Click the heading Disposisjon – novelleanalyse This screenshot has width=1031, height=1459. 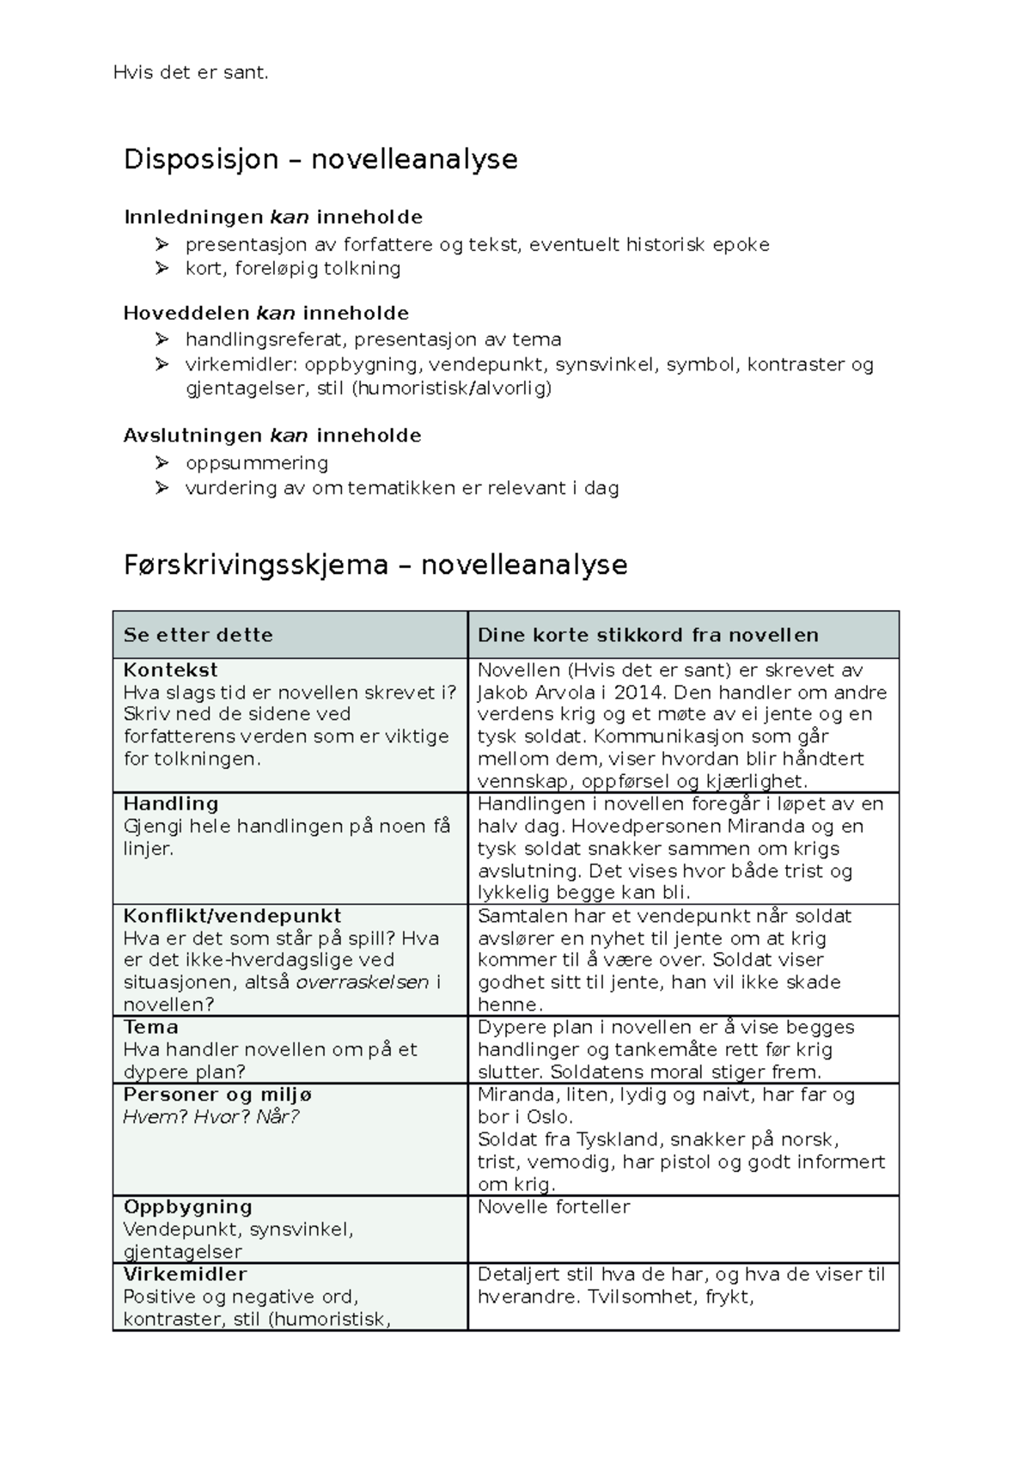click(320, 160)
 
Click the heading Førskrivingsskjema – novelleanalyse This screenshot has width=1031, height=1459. click(375, 565)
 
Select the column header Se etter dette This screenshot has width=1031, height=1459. click(198, 636)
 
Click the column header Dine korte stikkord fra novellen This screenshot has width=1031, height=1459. click(648, 636)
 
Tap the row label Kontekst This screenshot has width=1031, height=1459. click(170, 670)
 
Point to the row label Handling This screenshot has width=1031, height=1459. click(170, 804)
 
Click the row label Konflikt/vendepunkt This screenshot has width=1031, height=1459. click(232, 916)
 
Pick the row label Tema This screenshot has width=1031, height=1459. click(150, 1028)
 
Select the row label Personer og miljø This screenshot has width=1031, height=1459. click(217, 1095)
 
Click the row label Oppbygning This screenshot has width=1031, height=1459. click(187, 1206)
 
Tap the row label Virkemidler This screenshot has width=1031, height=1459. click(185, 1274)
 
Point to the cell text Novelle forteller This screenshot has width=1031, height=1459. click(553, 1206)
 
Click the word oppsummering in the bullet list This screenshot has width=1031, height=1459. click(257, 463)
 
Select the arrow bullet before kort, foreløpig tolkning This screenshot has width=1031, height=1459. click(162, 269)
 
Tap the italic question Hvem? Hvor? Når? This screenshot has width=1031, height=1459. click(210, 1117)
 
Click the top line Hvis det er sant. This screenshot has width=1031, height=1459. click(191, 73)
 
